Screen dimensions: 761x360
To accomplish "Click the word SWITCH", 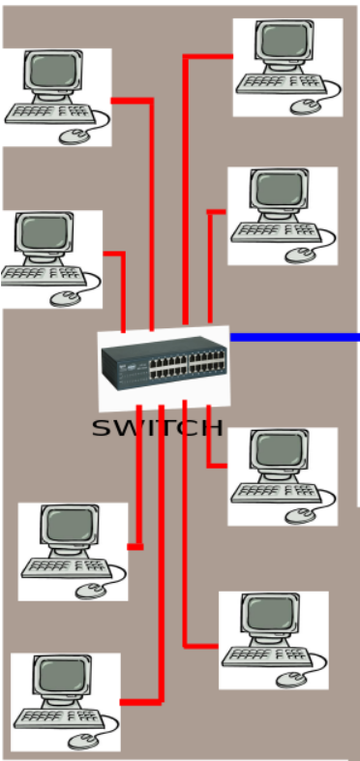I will point(158,428).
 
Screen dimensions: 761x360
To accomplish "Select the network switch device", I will point(164,367).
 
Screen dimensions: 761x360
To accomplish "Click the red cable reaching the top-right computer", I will point(185,145).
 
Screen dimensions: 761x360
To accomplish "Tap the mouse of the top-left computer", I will point(74,136).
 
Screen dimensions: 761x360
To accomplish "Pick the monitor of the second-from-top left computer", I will point(44,233).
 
